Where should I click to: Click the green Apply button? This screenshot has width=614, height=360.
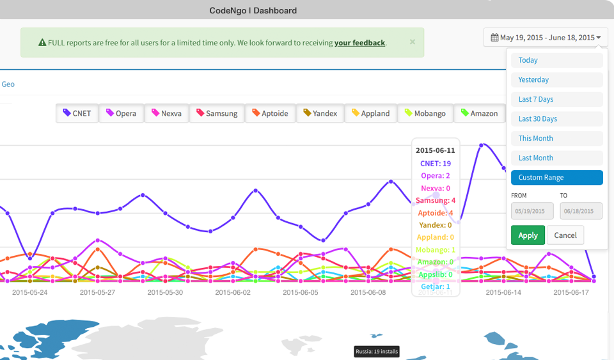528,235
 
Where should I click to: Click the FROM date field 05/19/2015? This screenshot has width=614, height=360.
532,211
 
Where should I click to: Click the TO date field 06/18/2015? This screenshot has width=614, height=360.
581,211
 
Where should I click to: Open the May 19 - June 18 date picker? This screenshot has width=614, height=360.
546,38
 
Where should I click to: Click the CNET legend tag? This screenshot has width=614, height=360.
77,113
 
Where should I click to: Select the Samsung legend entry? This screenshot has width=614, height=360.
217,113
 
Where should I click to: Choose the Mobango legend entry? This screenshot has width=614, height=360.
425,113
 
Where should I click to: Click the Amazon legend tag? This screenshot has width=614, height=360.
479,113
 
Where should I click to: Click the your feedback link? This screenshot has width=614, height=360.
359,43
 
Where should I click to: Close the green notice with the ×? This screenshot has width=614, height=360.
413,42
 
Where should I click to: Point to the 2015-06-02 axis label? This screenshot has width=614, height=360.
233,292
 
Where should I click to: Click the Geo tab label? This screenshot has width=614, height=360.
8,84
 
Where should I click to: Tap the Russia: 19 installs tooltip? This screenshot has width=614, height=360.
377,351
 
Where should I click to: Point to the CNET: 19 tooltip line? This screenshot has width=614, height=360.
435,164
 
